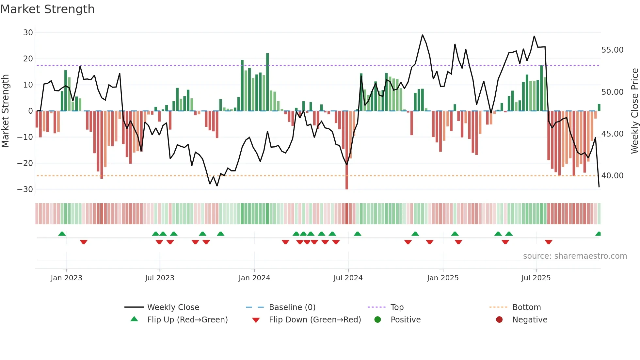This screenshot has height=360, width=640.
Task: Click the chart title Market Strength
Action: coord(47,9)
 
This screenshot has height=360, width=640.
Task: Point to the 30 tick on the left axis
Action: coord(28,33)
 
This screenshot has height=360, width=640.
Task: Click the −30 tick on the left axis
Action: coord(25,189)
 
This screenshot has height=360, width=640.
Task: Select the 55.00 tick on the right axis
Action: coord(612,50)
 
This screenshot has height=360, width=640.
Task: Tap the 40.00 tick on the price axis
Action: coord(612,176)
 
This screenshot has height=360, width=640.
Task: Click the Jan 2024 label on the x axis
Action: coord(254,278)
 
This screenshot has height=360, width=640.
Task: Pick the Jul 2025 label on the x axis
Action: coord(536,278)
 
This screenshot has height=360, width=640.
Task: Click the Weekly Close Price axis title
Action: coord(634,111)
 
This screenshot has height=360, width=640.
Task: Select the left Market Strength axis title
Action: coord(5,111)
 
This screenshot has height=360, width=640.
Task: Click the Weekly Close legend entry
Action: coord(173,307)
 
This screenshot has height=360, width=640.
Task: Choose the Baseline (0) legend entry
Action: coord(292,307)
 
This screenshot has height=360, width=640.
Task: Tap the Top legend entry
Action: coord(397,307)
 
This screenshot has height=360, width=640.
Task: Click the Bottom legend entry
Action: coord(526,307)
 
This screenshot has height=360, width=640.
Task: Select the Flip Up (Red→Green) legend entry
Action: coord(187,320)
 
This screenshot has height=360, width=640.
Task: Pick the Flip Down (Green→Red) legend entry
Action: coord(315,320)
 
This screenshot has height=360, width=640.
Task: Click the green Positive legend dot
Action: coord(378,320)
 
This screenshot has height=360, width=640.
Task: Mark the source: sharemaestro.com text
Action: coord(575,256)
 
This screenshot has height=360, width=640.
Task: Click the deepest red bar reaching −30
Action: coord(347,150)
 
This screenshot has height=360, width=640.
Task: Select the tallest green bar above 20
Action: coord(267,82)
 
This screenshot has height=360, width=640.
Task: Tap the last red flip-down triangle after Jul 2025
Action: coord(549,242)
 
